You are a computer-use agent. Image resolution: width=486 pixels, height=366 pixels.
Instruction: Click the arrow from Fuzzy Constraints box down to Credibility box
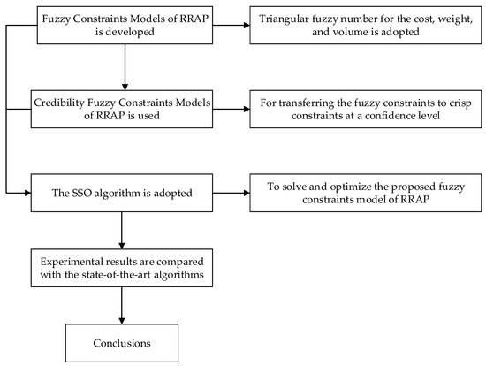coord(120,68)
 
